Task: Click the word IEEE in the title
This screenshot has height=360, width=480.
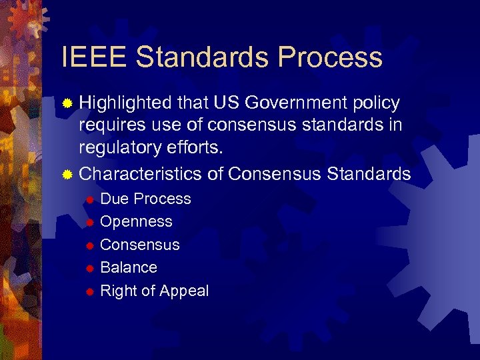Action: pos(94,57)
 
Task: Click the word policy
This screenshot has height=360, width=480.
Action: pos(376,103)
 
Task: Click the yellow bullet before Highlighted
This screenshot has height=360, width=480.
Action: pos(67,104)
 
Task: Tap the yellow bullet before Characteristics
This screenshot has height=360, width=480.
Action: pos(67,175)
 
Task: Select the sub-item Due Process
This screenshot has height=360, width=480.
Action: pos(145,199)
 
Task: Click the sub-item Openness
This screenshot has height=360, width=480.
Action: pos(136,221)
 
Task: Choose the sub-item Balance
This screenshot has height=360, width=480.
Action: pos(129,267)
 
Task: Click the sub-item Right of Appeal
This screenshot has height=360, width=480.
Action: pos(154,291)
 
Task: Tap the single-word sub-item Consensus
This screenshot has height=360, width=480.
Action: pos(140,245)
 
